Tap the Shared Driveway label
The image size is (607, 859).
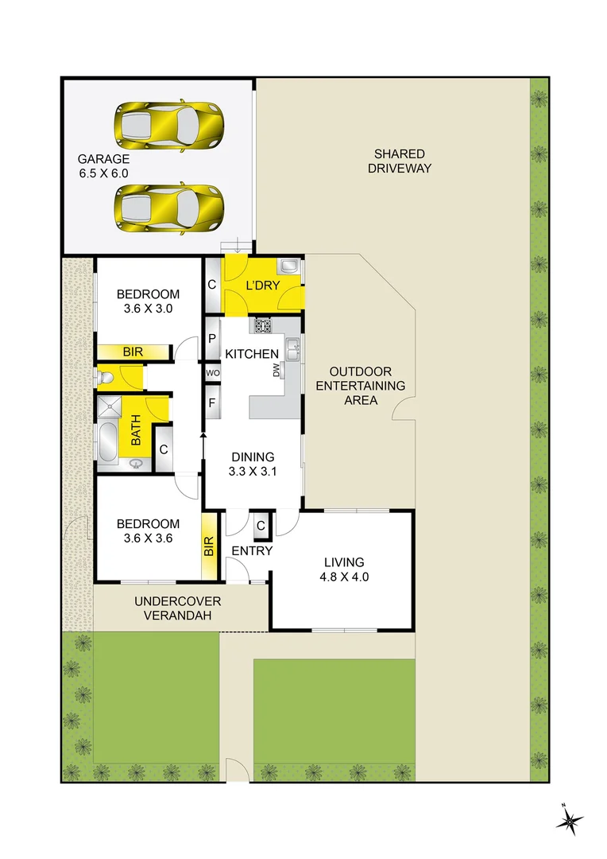[400, 161]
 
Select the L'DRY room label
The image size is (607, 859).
[262, 286]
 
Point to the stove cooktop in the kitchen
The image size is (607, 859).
[263, 325]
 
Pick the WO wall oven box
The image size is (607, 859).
[212, 372]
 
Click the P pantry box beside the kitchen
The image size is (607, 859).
[212, 338]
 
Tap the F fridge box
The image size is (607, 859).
[212, 402]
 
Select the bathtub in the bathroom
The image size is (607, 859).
[107, 441]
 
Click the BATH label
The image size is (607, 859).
[136, 430]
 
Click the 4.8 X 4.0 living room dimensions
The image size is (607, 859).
[342, 577]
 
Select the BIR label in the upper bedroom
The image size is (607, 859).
[133, 352]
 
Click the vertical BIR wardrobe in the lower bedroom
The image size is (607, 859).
[210, 546]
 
